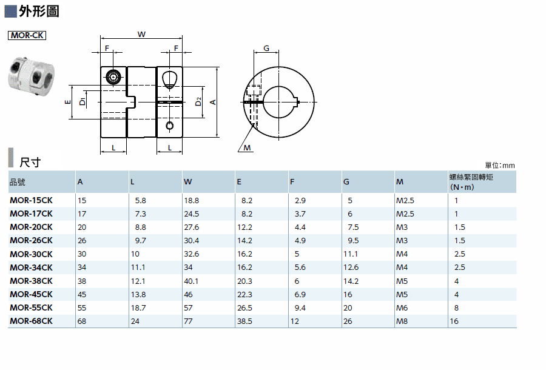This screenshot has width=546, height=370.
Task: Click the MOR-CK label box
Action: tap(27, 36)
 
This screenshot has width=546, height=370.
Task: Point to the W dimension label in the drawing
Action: tap(141, 34)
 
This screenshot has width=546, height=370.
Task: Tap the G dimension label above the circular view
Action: tap(266, 48)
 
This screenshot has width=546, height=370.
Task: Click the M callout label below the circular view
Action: tap(248, 148)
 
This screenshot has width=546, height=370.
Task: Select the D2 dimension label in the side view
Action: tap(198, 102)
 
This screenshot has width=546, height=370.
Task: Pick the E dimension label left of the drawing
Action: tap(68, 102)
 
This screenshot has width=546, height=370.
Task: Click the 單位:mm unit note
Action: tap(500, 166)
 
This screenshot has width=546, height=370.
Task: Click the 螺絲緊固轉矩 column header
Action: tap(471, 177)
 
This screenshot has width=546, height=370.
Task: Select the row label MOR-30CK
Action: tap(31, 254)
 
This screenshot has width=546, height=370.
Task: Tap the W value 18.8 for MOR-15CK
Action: tap(192, 201)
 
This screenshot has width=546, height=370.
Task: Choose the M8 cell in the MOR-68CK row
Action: tap(402, 321)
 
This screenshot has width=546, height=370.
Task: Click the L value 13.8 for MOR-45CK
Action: tap(138, 294)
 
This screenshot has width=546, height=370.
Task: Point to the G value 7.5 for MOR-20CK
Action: tap(353, 227)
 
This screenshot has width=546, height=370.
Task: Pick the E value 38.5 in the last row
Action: tap(245, 321)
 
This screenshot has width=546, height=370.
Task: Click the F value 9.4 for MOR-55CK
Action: tap(300, 308)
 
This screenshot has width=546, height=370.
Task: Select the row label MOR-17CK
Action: tap(31, 214)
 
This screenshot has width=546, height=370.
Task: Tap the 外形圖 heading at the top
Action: tap(39, 11)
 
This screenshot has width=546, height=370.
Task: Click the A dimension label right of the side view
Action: tap(213, 102)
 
